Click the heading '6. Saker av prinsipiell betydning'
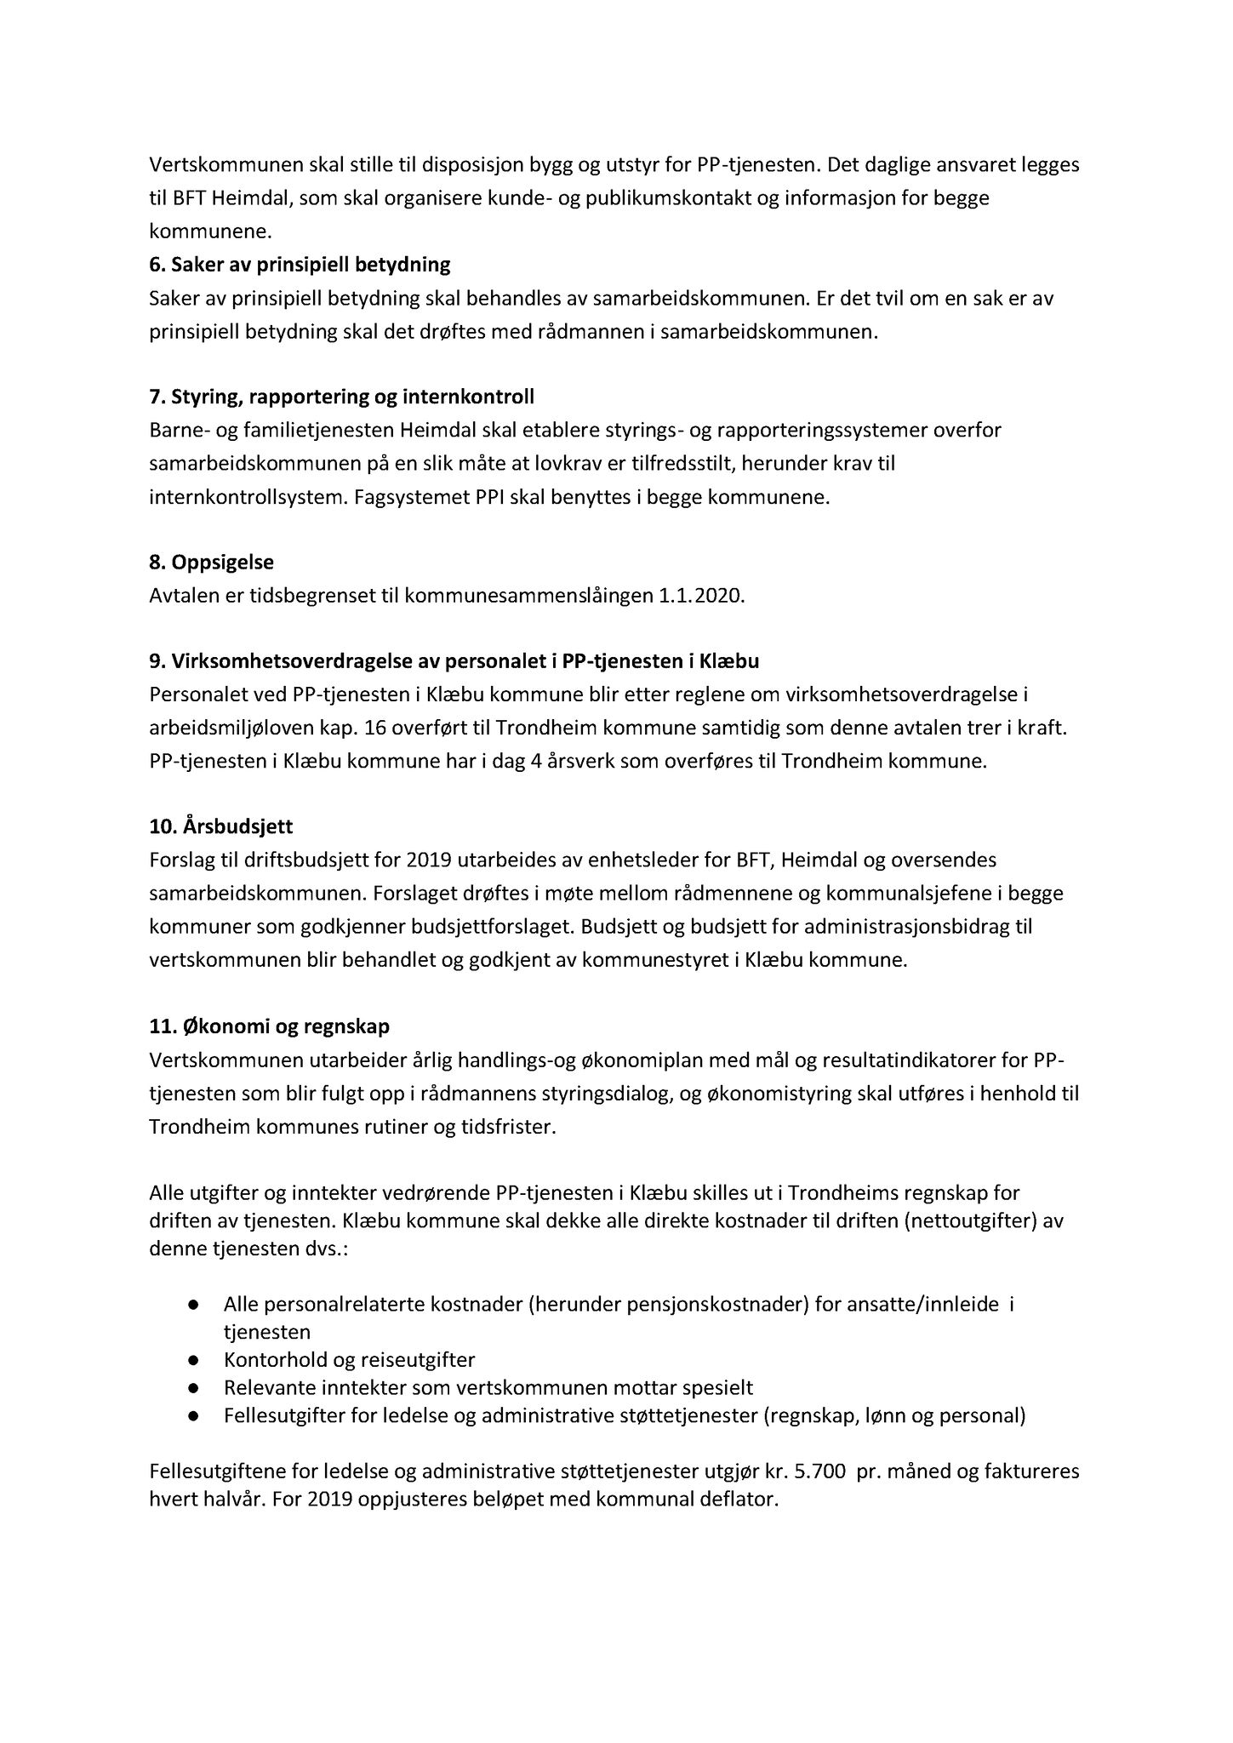pyautogui.click(x=300, y=265)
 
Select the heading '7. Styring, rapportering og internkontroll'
pyautogui.click(x=341, y=397)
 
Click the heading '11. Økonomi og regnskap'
pyautogui.click(x=269, y=1026)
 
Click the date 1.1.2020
pyautogui.click(x=701, y=596)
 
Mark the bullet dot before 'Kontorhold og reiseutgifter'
pyautogui.click(x=194, y=1359)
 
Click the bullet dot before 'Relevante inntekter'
pyautogui.click(x=194, y=1388)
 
